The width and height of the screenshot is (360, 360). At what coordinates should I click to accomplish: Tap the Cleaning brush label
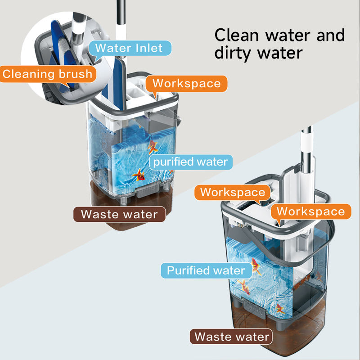(x=48, y=73)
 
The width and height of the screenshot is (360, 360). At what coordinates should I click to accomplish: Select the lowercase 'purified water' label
(x=191, y=162)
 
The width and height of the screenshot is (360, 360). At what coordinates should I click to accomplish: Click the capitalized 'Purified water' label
(x=206, y=270)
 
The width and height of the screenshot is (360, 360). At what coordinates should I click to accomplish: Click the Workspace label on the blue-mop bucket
(x=186, y=83)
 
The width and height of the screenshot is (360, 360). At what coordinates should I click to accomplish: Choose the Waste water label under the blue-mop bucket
(x=119, y=214)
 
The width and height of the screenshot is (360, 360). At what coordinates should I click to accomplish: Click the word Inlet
(x=147, y=48)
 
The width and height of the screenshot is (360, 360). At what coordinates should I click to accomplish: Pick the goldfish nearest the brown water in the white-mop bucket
(x=280, y=310)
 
